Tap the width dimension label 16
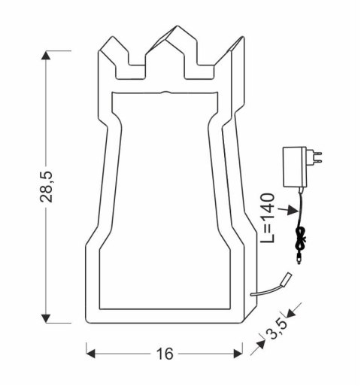164,354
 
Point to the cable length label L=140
270,218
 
